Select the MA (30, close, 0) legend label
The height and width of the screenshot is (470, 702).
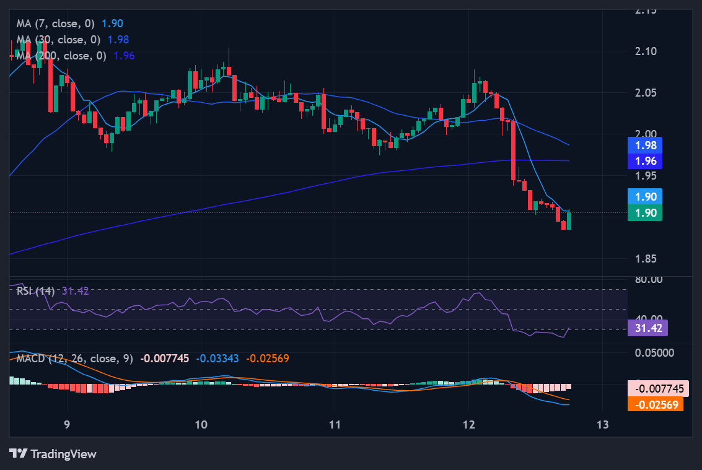59,40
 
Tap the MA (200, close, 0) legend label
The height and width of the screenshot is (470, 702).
62,56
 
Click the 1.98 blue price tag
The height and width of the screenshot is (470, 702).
644,146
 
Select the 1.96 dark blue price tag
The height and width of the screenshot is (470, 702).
644,161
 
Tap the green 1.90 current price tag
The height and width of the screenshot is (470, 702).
644,213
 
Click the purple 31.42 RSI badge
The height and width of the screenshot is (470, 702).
647,328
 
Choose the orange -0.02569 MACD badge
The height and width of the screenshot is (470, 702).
655,404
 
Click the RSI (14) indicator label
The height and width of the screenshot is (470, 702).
36,290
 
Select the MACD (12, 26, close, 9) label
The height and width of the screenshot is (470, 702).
74,359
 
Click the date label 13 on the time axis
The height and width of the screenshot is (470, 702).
602,425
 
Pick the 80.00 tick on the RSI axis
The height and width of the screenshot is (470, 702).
649,280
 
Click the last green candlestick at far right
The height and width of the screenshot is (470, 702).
569,220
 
